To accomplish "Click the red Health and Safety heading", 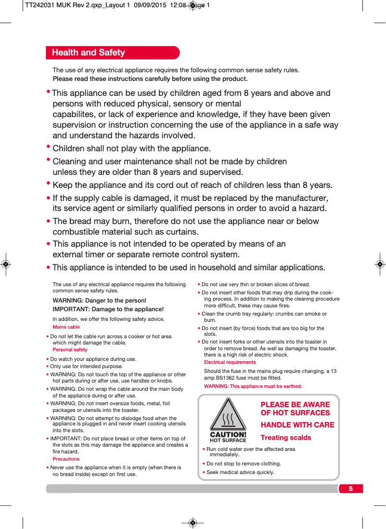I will click(x=89, y=53).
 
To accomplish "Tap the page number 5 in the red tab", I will click(x=351, y=489).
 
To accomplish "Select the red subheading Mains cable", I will click(x=66, y=327).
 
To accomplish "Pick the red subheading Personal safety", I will click(x=70, y=350).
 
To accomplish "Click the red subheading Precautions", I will click(x=66, y=459).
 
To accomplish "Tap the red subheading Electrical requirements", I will click(x=230, y=362).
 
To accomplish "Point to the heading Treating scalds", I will click(x=286, y=437).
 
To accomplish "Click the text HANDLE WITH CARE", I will click(x=297, y=425).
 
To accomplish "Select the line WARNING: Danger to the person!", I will click(x=99, y=301).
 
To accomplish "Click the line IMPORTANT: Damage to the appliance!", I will click(x=108, y=309).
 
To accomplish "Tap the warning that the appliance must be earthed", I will click(x=253, y=386).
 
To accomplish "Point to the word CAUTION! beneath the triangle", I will click(x=228, y=435).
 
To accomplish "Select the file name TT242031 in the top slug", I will click(x=40, y=5).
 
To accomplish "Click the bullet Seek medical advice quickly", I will click(x=240, y=472).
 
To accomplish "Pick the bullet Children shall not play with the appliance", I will click(x=131, y=148).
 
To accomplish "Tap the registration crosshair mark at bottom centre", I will click(x=192, y=523).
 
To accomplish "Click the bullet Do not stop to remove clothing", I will click(x=244, y=464).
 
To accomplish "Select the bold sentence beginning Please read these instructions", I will click(x=150, y=79).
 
